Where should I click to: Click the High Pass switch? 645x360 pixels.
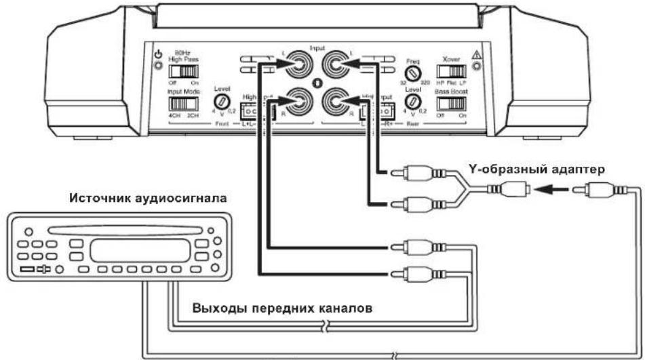click(181, 71)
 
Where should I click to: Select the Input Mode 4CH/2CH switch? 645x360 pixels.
click(181, 104)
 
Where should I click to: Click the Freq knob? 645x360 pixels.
click(412, 73)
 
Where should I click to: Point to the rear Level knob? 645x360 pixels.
click(412, 104)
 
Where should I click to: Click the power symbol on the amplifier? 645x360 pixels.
click(158, 54)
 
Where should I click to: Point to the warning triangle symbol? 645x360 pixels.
click(476, 54)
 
